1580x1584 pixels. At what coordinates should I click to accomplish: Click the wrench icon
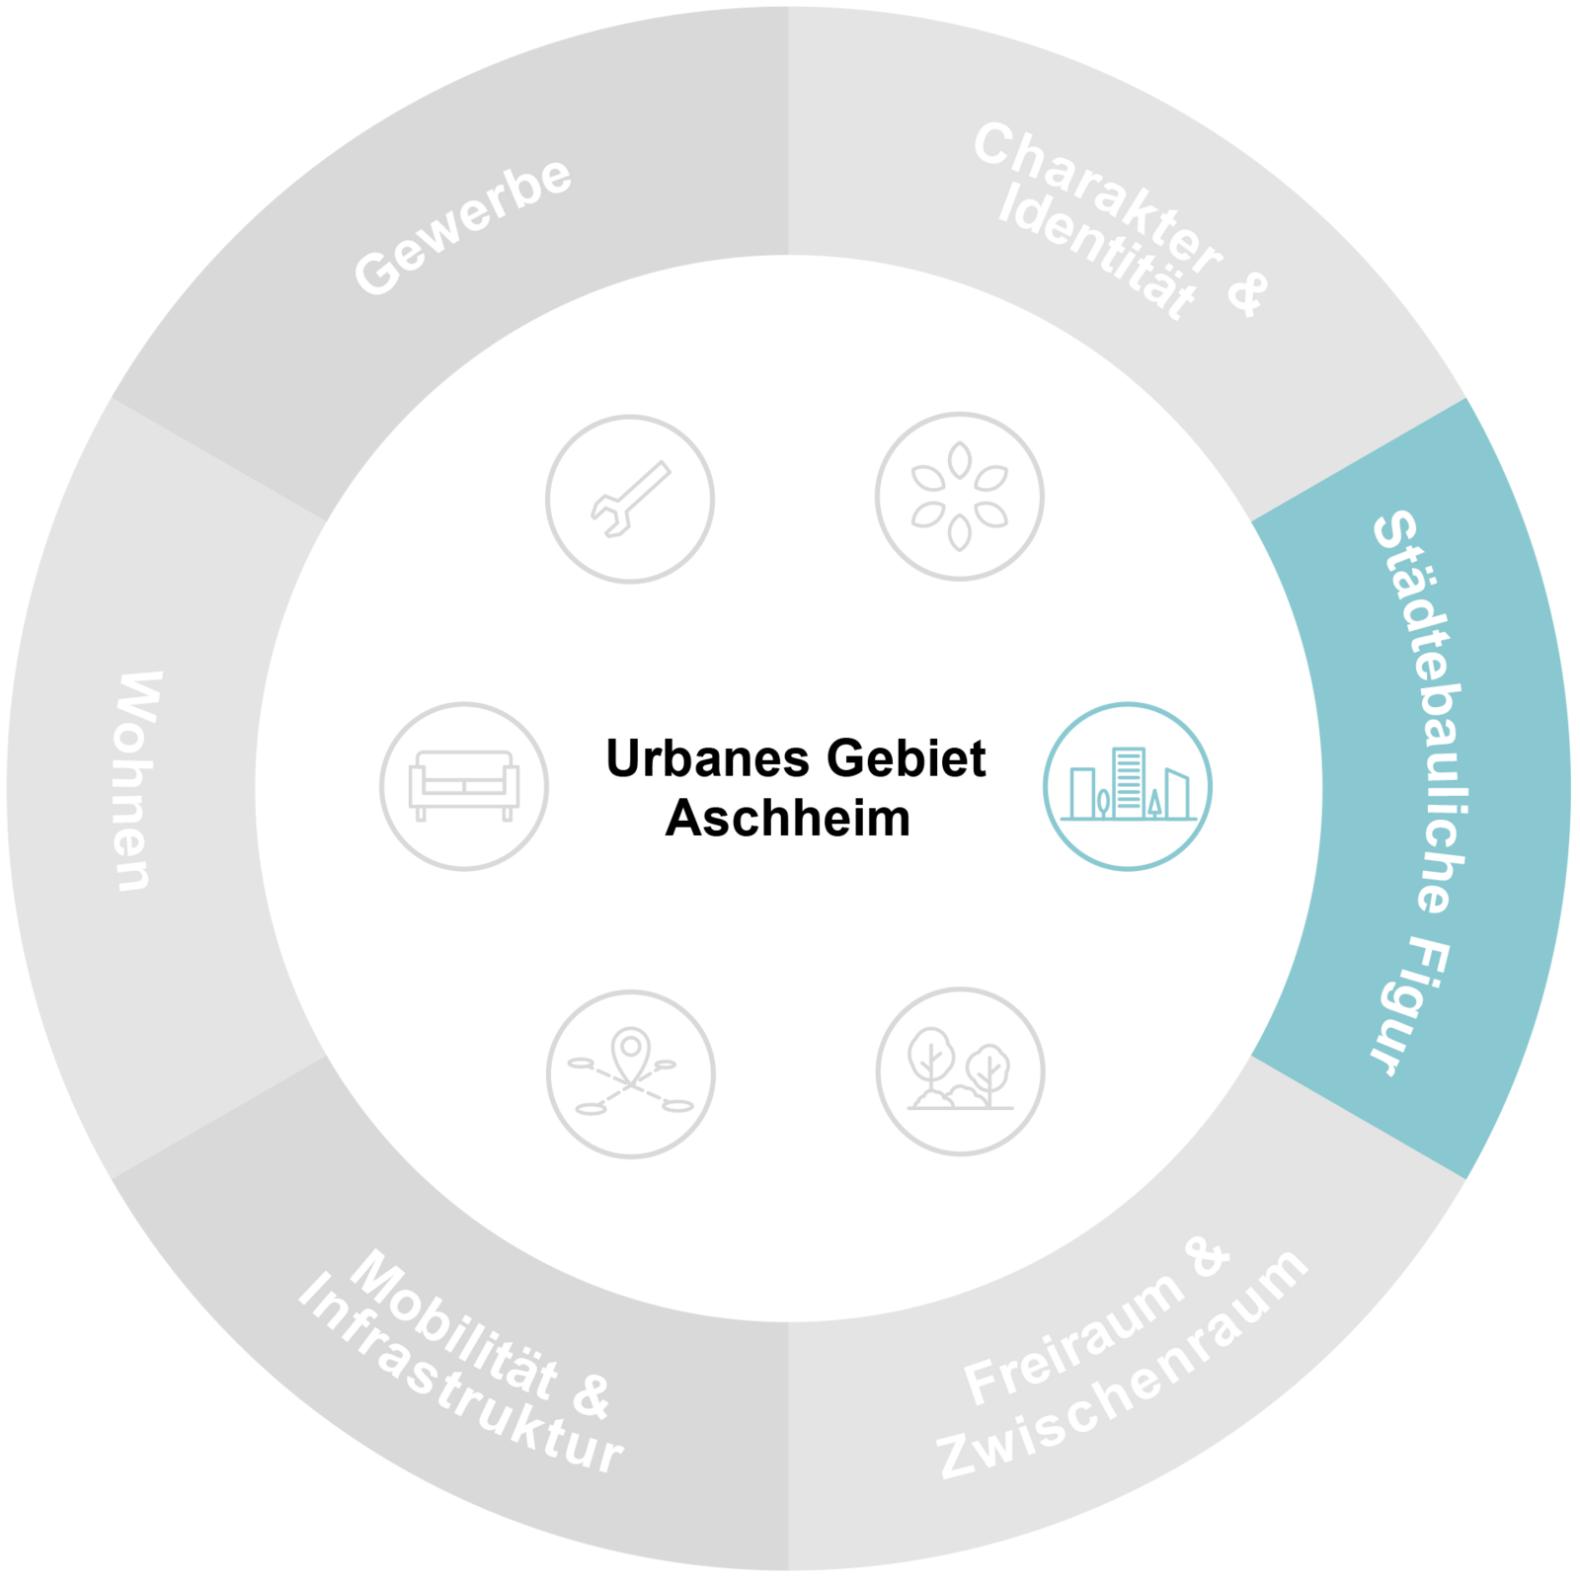630,499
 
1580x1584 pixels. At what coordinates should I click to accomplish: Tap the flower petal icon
959,496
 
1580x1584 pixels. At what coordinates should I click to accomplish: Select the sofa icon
464,786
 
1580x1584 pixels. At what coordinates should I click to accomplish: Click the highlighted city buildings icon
1128,787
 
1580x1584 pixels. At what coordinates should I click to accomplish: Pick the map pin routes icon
630,1073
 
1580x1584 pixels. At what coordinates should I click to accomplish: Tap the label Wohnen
137,781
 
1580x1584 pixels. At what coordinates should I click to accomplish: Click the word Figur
1407,1007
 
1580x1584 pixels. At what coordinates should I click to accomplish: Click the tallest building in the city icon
1128,782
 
